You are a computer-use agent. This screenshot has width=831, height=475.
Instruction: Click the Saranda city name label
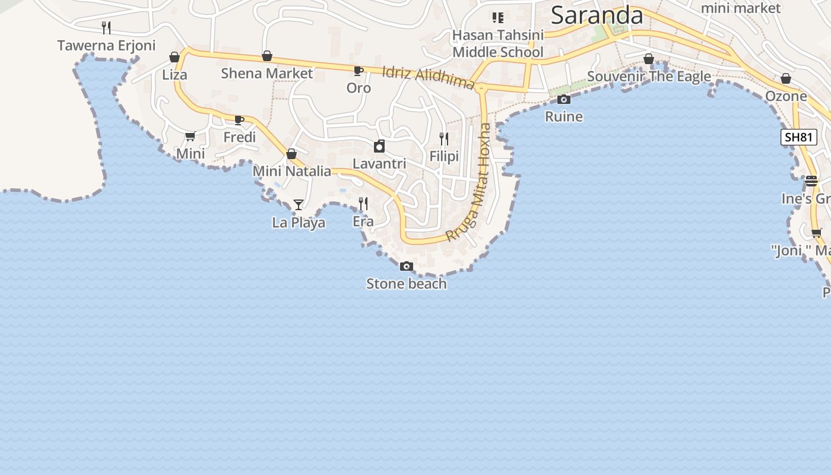pos(597,15)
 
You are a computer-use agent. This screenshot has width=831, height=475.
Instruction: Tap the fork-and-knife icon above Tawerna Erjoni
pos(106,27)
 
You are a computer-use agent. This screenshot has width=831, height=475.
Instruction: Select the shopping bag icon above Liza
pos(175,57)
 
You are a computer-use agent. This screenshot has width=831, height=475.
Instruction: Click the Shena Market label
pos(267,74)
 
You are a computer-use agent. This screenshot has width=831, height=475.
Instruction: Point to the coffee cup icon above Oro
pos(359,71)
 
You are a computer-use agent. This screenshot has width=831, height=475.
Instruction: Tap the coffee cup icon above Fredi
pos(239,120)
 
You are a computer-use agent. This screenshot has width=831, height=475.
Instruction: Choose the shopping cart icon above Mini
pos(191,137)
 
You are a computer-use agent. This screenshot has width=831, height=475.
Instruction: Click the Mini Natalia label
pos(291,171)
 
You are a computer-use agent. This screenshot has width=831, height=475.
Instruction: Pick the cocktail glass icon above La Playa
pos(299,205)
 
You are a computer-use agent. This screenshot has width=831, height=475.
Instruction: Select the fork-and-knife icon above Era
pos(363,204)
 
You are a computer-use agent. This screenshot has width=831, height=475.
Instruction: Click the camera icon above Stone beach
pos(407,266)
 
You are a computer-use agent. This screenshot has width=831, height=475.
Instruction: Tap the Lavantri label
pos(379,163)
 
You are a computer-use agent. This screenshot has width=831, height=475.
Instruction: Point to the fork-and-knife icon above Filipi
pos(444,139)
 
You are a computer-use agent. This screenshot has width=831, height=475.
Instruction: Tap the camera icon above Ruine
pos(564,99)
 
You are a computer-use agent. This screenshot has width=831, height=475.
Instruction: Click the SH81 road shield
pos(798,138)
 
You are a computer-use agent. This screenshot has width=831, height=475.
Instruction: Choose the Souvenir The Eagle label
pos(649,77)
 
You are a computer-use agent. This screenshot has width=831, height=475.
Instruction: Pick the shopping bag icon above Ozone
pos(786,78)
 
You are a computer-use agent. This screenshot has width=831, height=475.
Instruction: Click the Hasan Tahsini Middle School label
pos(497,44)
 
